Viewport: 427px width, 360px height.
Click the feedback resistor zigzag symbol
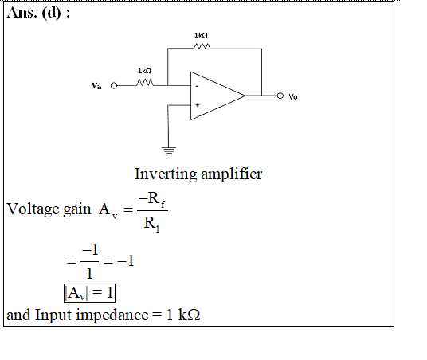click(202, 46)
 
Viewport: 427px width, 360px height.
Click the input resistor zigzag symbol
click(145, 82)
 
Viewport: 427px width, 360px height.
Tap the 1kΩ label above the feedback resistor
click(201, 35)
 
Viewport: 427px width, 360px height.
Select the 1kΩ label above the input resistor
click(144, 71)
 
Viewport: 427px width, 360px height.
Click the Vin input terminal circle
click(114, 86)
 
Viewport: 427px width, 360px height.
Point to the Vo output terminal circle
click(280, 96)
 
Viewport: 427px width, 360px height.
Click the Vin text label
click(96, 86)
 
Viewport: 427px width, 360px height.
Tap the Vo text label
click(293, 96)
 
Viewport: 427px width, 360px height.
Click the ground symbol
click(169, 151)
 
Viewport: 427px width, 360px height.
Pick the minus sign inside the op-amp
click(197, 87)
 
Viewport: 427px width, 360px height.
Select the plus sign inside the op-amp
click(198, 105)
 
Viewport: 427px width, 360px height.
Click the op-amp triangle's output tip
click(245, 96)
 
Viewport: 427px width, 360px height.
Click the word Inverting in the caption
click(166, 174)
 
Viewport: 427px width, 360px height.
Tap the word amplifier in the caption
click(232, 174)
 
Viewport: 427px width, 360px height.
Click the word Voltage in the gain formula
click(33, 209)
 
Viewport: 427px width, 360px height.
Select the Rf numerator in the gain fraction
click(152, 199)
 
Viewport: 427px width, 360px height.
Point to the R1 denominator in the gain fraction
click(151, 224)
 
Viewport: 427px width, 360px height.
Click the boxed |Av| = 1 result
click(89, 293)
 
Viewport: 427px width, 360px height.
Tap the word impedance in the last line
click(112, 315)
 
